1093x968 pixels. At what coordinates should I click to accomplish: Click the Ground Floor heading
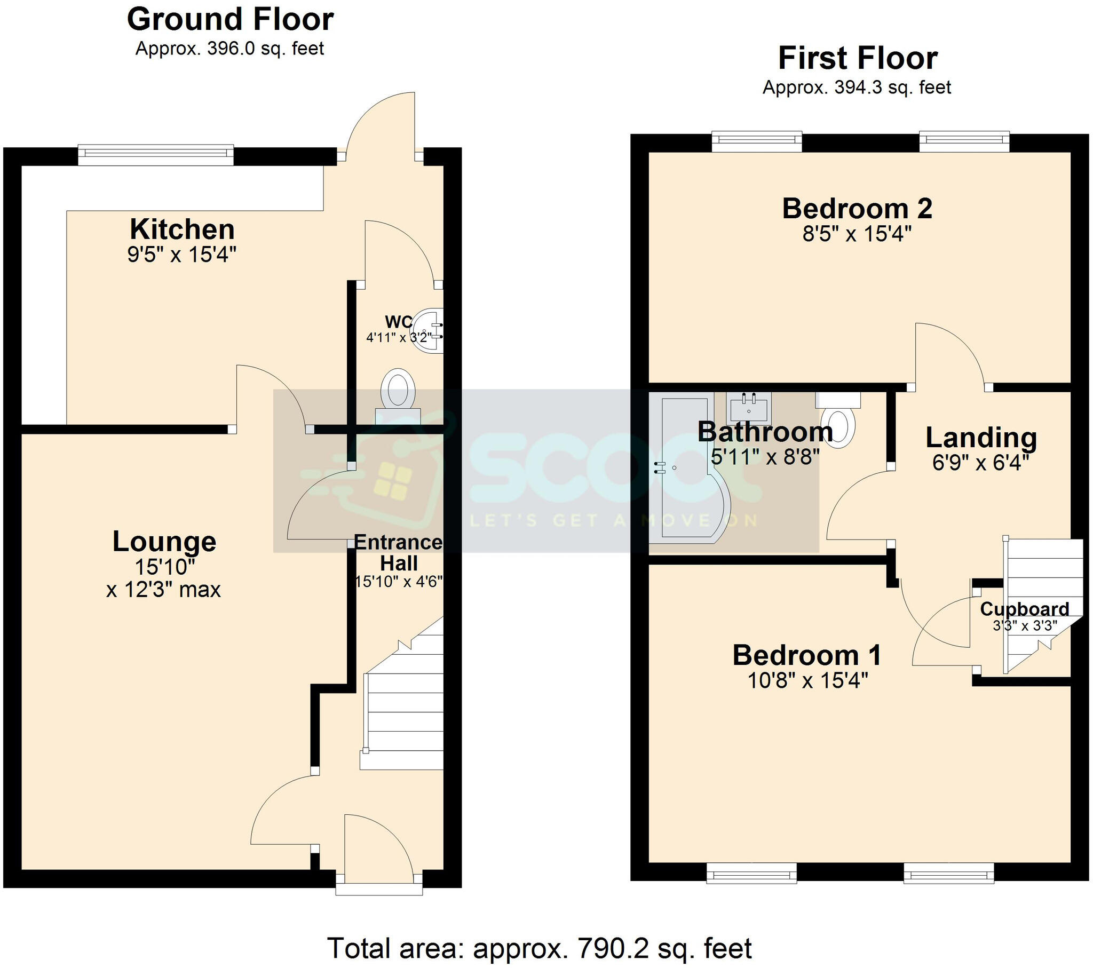230,20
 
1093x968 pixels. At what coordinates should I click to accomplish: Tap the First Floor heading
857,58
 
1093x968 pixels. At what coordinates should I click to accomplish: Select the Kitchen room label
183,230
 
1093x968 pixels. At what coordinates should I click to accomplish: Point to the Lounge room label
164,542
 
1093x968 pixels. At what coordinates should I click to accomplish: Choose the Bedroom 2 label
857,209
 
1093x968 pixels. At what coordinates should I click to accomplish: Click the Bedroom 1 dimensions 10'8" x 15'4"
807,681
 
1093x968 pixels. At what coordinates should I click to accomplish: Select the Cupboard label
1024,609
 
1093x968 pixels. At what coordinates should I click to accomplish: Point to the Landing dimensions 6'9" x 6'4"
981,463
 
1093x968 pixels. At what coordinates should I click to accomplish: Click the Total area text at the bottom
539,949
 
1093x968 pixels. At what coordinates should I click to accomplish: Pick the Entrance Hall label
398,553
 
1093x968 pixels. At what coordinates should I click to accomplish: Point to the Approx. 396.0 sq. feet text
230,49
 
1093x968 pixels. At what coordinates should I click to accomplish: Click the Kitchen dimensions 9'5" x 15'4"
182,255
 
